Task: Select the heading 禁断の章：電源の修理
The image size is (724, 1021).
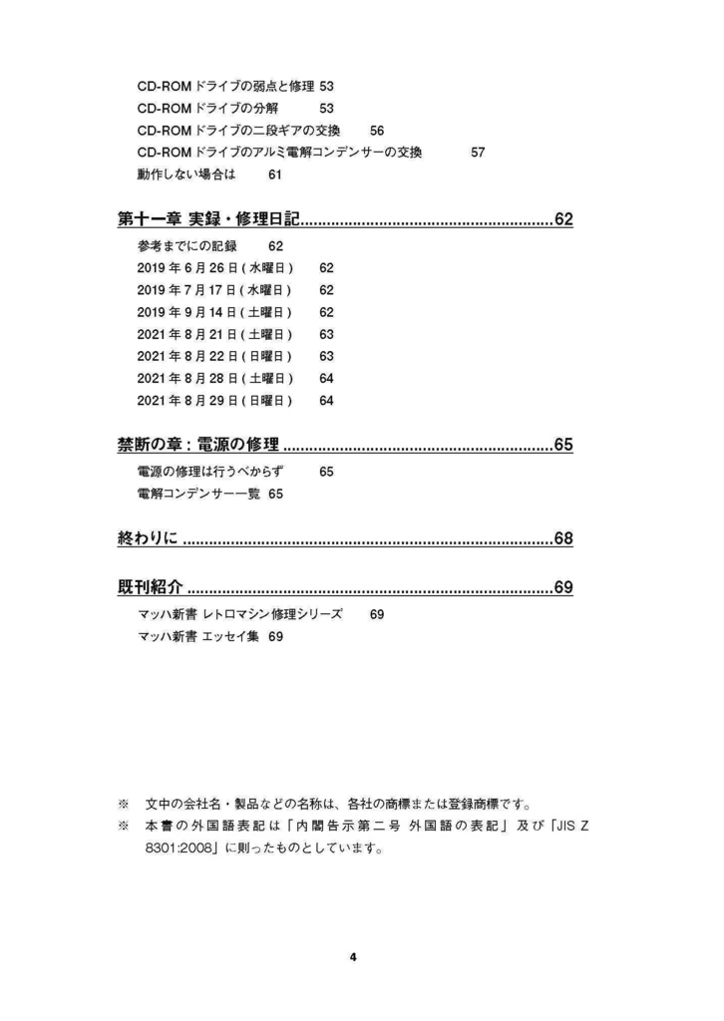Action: pos(197,444)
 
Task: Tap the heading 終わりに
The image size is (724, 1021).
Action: pos(147,539)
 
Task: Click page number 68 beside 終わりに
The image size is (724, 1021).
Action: pos(563,539)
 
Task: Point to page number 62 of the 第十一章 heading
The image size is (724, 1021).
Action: pos(563,219)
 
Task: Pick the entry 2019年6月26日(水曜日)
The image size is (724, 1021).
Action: pos(214,268)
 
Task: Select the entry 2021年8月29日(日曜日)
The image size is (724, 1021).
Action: pos(214,400)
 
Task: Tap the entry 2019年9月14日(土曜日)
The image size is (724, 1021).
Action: pos(214,312)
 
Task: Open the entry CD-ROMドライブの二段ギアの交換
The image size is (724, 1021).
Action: pos(239,131)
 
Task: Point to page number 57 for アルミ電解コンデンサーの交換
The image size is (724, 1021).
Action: pos(478,153)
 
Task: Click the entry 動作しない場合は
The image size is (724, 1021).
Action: pos(185,174)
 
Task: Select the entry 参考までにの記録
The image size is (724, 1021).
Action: pos(187,246)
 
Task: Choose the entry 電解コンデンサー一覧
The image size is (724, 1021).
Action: pos(198,493)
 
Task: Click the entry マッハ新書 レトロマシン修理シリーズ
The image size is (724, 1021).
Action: pos(239,614)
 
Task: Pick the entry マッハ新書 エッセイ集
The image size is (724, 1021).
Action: pos(198,636)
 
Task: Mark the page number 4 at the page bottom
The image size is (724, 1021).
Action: pos(353,957)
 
